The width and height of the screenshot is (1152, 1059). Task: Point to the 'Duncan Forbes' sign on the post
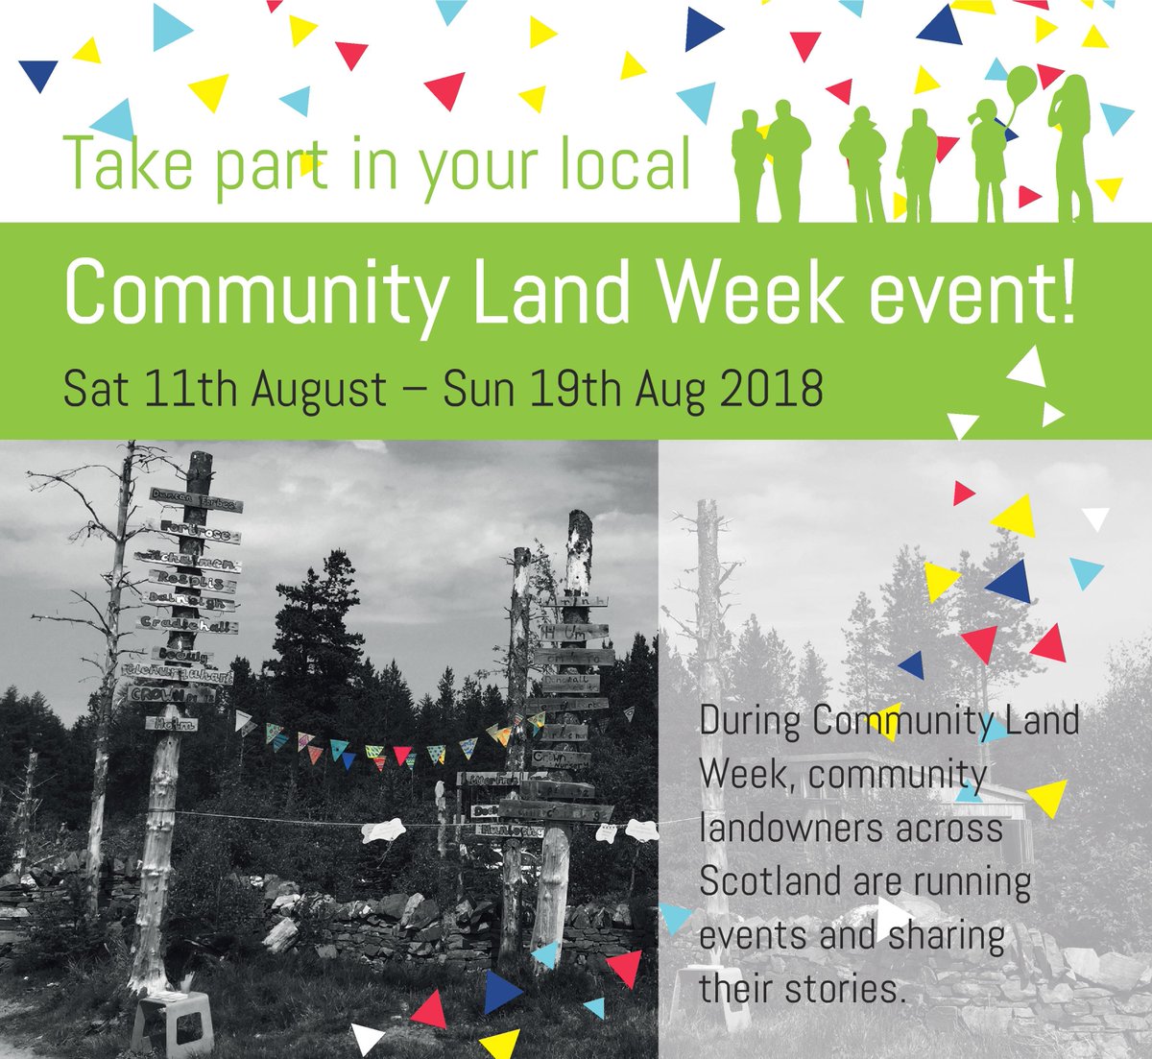(196, 500)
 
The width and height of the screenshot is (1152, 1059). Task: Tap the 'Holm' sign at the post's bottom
(173, 723)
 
